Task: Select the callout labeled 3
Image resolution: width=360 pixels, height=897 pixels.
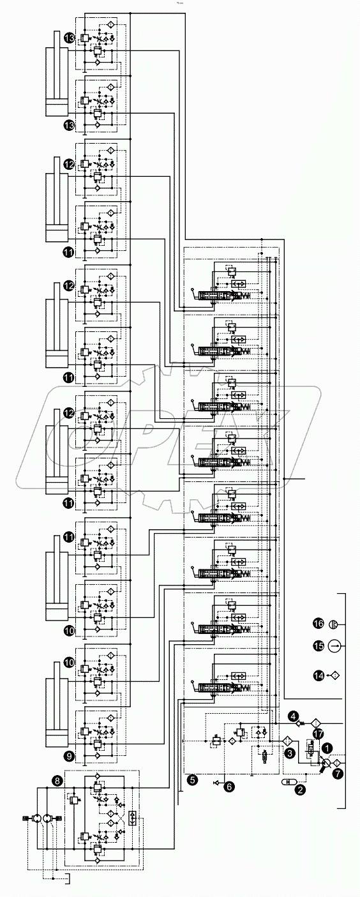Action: [x=290, y=754]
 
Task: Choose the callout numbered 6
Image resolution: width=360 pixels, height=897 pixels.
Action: [x=229, y=787]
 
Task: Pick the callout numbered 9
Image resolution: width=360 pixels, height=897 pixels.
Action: [x=68, y=757]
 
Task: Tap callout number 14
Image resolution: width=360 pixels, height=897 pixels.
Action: [x=318, y=674]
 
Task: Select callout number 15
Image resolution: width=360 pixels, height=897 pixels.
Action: [x=318, y=645]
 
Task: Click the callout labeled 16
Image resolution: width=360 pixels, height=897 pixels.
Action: [x=318, y=624]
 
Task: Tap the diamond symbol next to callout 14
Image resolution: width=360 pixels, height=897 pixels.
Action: [x=334, y=674]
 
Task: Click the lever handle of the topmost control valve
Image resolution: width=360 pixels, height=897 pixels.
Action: [x=194, y=293]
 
